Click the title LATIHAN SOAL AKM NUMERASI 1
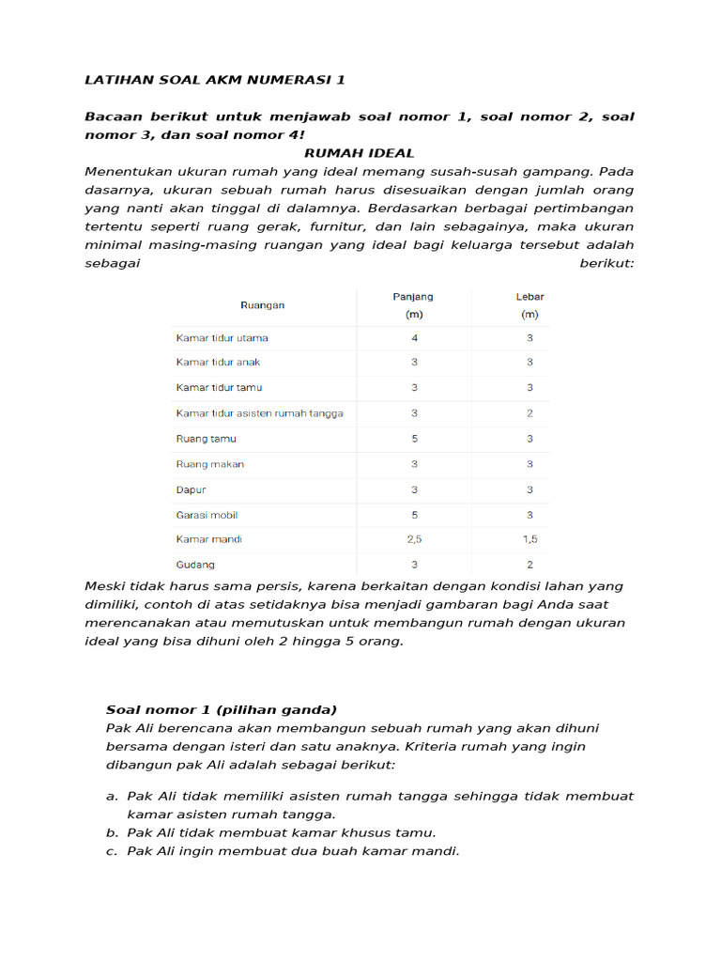click(x=215, y=80)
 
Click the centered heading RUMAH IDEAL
click(x=360, y=153)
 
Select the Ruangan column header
click(x=263, y=305)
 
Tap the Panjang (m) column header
click(x=413, y=305)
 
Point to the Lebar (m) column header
click(x=529, y=305)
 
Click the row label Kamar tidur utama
click(x=222, y=337)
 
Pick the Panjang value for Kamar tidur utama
click(x=414, y=337)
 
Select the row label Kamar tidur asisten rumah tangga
click(x=260, y=413)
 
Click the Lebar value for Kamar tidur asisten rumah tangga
click(x=529, y=413)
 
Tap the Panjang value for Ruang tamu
click(x=414, y=439)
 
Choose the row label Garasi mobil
click(x=207, y=515)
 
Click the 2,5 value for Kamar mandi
click(x=414, y=540)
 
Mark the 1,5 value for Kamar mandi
click(x=529, y=540)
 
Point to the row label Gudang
click(x=195, y=566)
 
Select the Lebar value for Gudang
click(x=529, y=566)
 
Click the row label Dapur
click(x=192, y=489)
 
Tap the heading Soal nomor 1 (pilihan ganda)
click(x=222, y=709)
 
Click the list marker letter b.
click(x=111, y=833)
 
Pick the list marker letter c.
click(x=111, y=852)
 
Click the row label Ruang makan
click(x=210, y=464)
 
